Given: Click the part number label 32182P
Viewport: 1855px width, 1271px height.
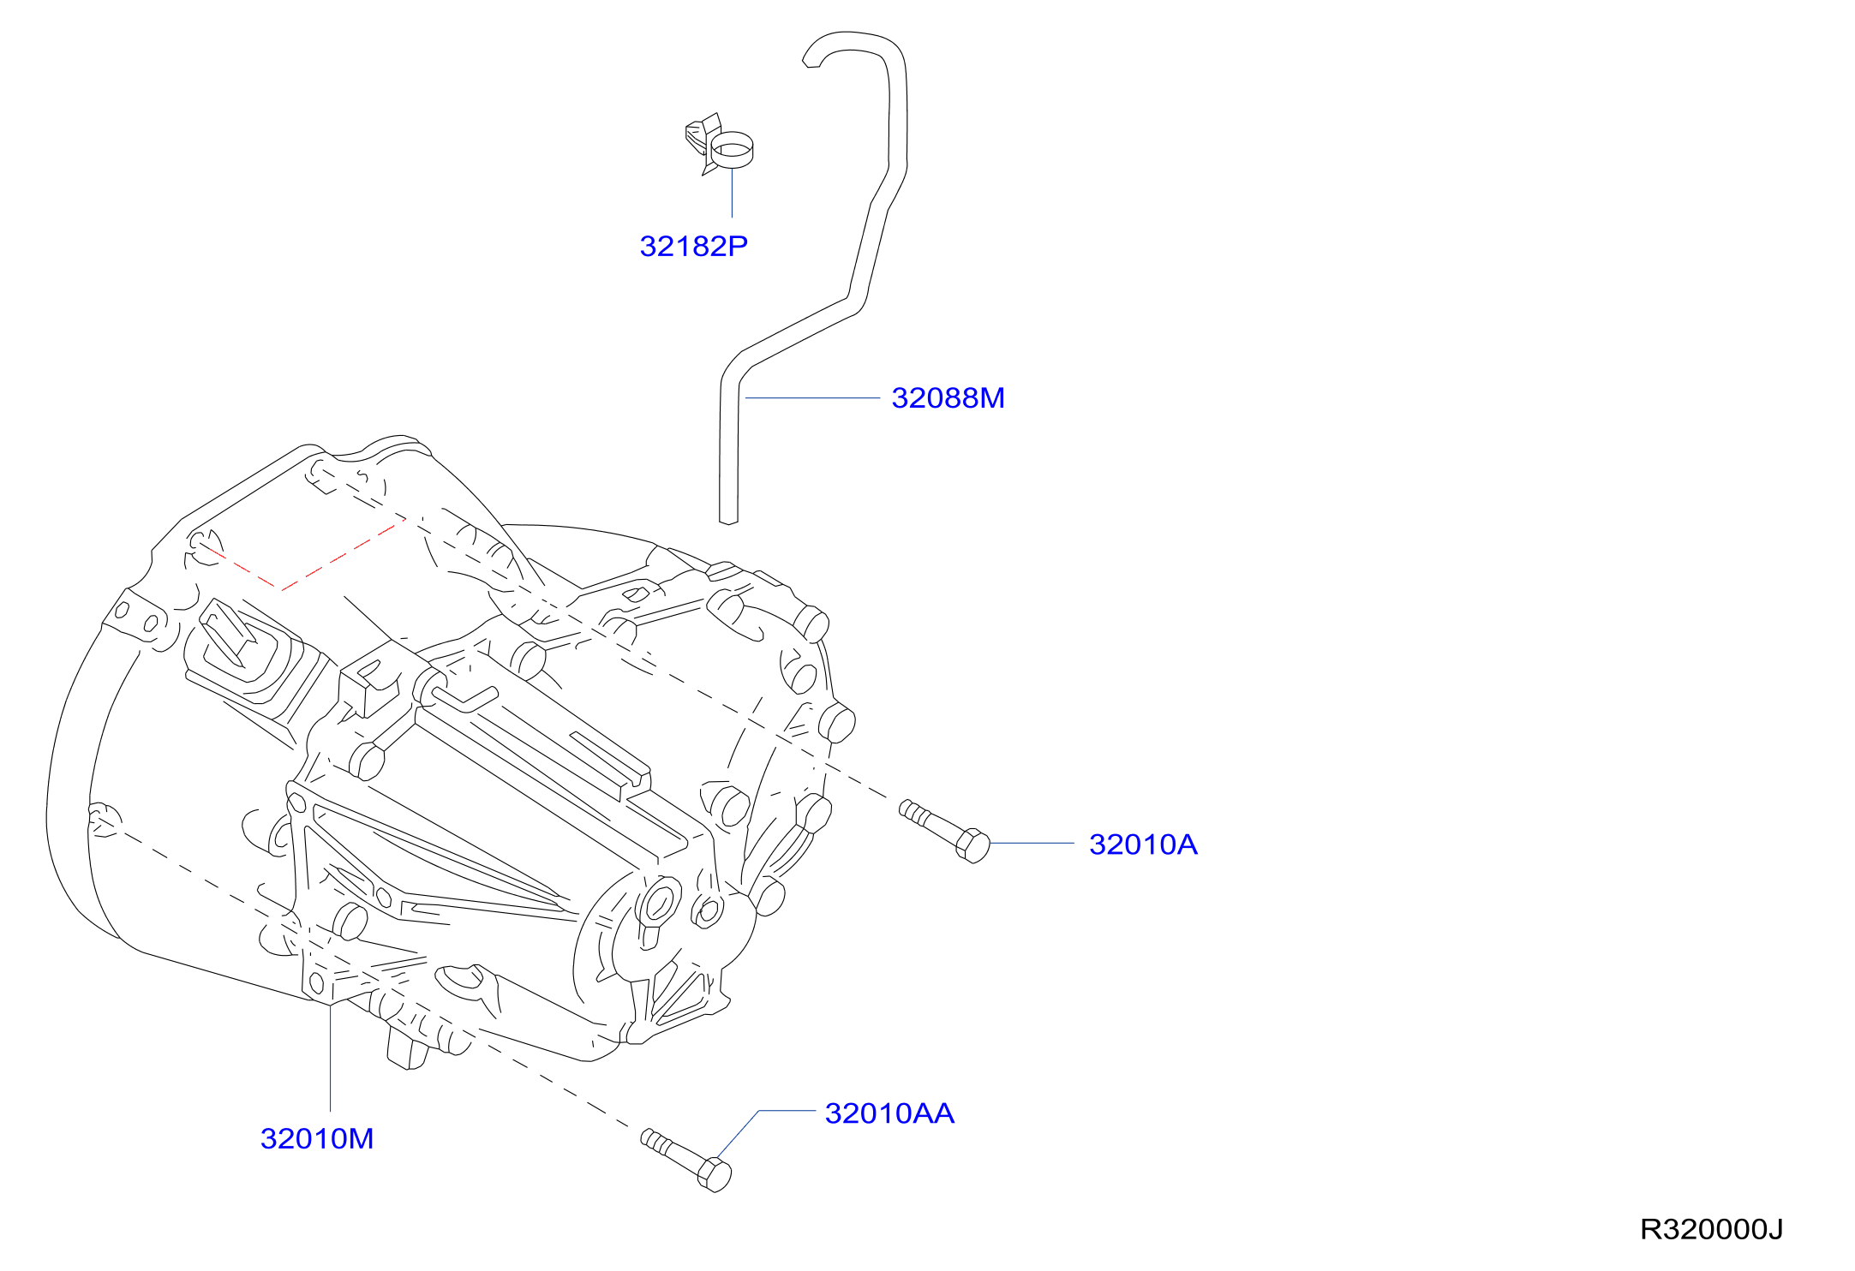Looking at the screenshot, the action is pos(693,247).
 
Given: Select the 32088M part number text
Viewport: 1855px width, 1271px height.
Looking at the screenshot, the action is pos(948,398).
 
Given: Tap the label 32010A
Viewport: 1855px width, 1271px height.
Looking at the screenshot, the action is pos(1143,844).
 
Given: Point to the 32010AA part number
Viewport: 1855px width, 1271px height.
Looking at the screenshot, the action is pos(889,1113).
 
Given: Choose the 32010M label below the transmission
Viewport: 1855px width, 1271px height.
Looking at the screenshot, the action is pos(317,1139).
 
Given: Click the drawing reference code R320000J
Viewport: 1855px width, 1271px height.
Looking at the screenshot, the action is pos(1711,1230).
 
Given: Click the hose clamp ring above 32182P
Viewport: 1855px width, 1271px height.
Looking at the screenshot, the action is pos(733,149).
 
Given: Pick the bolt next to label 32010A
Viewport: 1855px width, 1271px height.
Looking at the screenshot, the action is pos(944,830).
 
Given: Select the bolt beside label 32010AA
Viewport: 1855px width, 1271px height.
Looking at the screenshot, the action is pos(686,1160).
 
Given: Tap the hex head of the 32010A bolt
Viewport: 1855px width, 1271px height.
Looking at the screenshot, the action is pos(973,845).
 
